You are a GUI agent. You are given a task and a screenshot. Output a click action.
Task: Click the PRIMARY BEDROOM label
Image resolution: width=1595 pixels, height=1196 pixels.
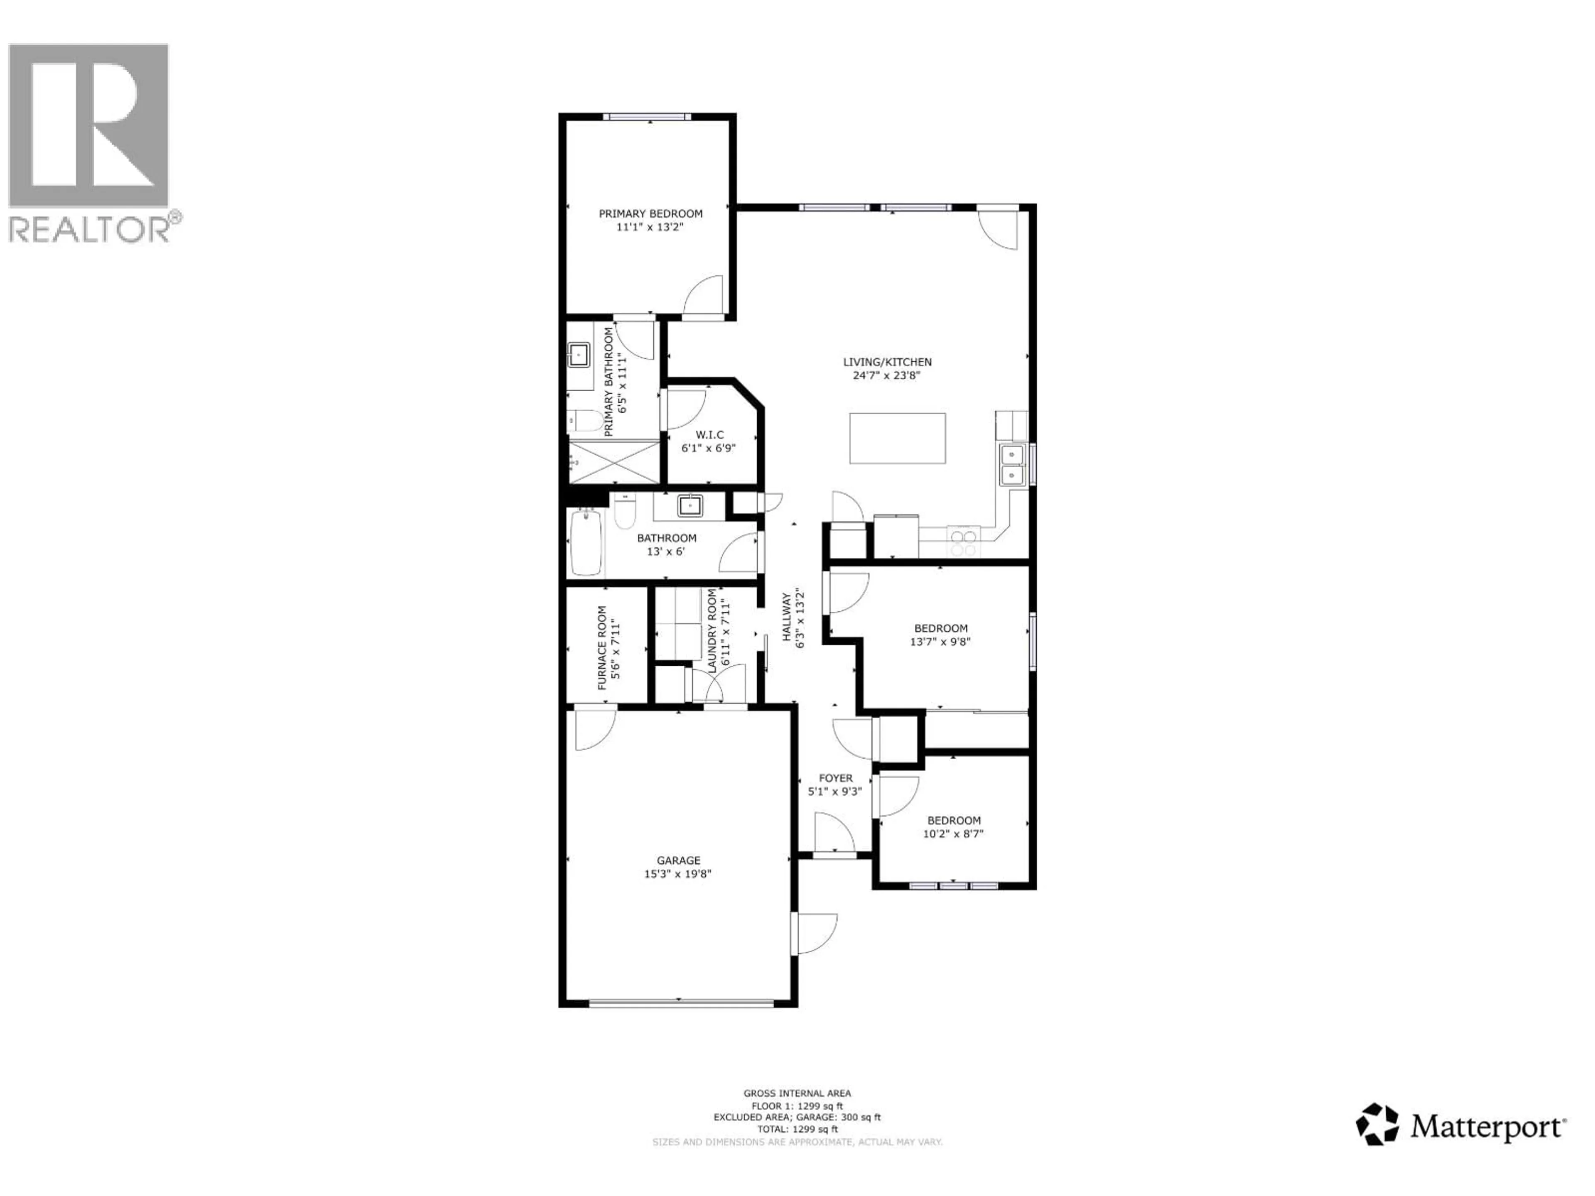(x=650, y=213)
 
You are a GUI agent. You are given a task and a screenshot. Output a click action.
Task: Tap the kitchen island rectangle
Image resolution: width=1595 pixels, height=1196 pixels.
(x=897, y=438)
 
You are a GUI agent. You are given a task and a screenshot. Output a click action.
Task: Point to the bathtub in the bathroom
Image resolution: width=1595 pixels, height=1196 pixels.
(x=586, y=542)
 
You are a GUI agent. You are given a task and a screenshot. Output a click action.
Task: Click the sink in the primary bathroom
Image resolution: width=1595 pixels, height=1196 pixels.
(x=578, y=355)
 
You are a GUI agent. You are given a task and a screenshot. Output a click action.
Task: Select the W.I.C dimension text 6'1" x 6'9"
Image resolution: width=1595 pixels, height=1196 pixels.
(x=709, y=448)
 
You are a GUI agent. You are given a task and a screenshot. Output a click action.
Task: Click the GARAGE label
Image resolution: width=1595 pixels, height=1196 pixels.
(x=678, y=860)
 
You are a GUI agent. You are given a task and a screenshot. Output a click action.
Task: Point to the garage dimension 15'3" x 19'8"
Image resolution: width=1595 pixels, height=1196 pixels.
(x=678, y=874)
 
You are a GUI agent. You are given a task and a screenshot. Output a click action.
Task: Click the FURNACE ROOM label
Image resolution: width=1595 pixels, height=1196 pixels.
(x=602, y=647)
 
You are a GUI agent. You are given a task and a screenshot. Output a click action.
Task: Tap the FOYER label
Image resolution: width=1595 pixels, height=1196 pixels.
(x=836, y=778)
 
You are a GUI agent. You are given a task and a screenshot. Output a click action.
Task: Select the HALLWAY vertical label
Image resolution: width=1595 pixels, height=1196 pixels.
(x=787, y=617)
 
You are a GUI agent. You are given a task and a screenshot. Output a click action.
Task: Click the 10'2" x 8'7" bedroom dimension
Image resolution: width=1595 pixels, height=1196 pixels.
(x=953, y=834)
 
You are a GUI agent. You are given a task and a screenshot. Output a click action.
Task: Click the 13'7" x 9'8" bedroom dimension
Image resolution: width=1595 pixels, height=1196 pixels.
(x=940, y=642)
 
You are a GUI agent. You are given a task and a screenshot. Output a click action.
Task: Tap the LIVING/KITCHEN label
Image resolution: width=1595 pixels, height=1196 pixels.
(x=888, y=362)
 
